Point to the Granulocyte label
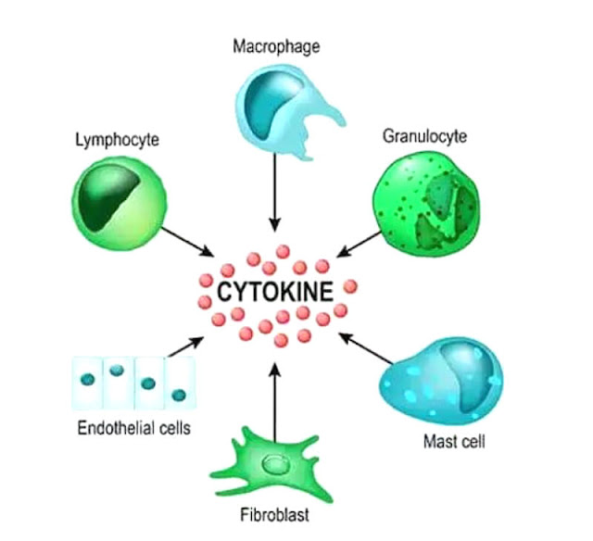[x=424, y=136]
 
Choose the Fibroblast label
[x=276, y=516]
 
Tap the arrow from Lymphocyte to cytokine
[x=191, y=242]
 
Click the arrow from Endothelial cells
[x=184, y=347]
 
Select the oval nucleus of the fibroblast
[x=275, y=464]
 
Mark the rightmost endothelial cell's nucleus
[x=179, y=396]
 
